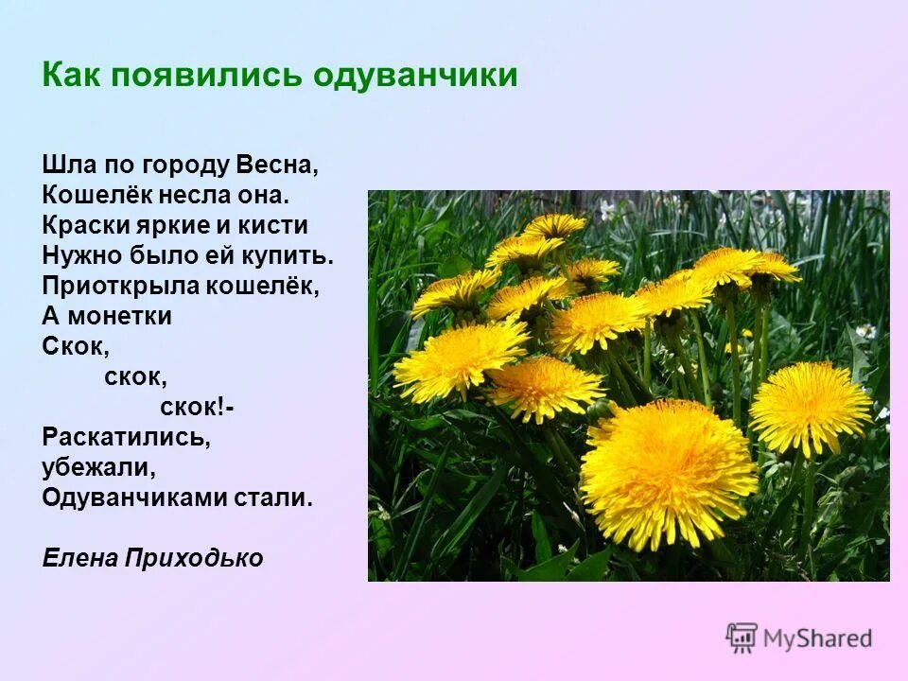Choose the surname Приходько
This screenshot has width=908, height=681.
coord(195,559)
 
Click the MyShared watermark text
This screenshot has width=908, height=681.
coord(817,638)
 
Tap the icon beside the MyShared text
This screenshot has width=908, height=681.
coord(742,637)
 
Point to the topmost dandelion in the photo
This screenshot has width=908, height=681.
coord(554,225)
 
